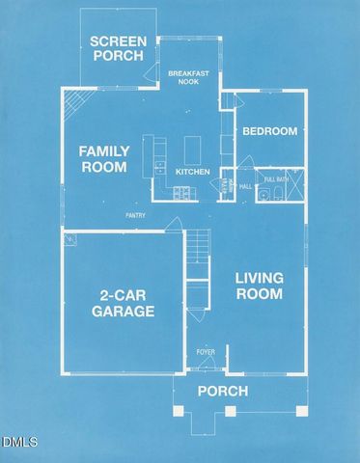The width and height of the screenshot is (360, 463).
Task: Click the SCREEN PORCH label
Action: click(117, 48)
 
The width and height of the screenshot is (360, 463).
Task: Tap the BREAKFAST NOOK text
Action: click(189, 79)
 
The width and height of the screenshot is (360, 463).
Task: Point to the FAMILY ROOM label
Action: click(103, 158)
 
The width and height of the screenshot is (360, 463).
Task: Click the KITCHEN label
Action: click(193, 172)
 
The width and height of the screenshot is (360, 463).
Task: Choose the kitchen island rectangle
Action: click(192, 150)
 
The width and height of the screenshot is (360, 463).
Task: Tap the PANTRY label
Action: click(134, 215)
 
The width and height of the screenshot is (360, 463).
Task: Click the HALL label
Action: click(245, 185)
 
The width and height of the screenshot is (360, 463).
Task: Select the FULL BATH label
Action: click(276, 179)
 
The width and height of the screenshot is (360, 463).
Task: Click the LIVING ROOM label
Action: click(260, 286)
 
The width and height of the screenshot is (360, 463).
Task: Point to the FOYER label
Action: click(206, 351)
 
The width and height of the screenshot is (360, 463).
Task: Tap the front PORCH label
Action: click(222, 391)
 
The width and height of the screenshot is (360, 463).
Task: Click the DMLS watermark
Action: click(18, 443)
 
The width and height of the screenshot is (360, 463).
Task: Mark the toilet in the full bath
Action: click(275, 196)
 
